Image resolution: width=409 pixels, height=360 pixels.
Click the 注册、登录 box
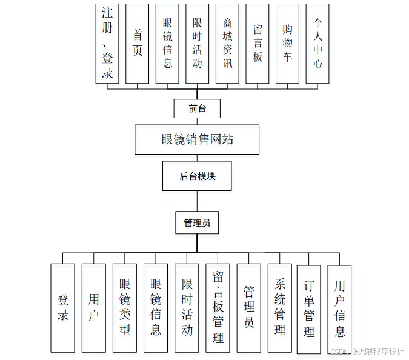pos(107,43)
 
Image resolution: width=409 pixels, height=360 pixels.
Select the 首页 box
pos(138,43)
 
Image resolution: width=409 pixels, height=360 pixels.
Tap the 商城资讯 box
pos(227,43)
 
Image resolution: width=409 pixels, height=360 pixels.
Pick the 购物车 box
pos(287,43)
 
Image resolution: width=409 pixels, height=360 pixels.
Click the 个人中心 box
pos(318,43)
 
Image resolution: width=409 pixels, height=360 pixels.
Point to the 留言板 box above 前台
pos(258,43)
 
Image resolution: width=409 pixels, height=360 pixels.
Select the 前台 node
pos(197,108)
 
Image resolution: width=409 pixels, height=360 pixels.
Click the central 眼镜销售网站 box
pos(198,139)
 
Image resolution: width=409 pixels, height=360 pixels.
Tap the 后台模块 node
pos(197,176)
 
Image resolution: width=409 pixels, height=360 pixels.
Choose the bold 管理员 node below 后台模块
pos(197,223)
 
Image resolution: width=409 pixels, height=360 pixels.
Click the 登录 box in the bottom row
pos(63,308)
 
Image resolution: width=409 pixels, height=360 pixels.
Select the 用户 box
pos(94,308)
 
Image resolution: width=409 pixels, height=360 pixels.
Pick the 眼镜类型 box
pos(125,308)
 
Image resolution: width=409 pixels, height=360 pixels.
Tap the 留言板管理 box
pos(218,308)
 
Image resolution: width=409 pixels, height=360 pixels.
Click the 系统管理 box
pos(280,308)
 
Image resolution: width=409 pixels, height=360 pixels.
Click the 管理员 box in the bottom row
pos(248,308)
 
